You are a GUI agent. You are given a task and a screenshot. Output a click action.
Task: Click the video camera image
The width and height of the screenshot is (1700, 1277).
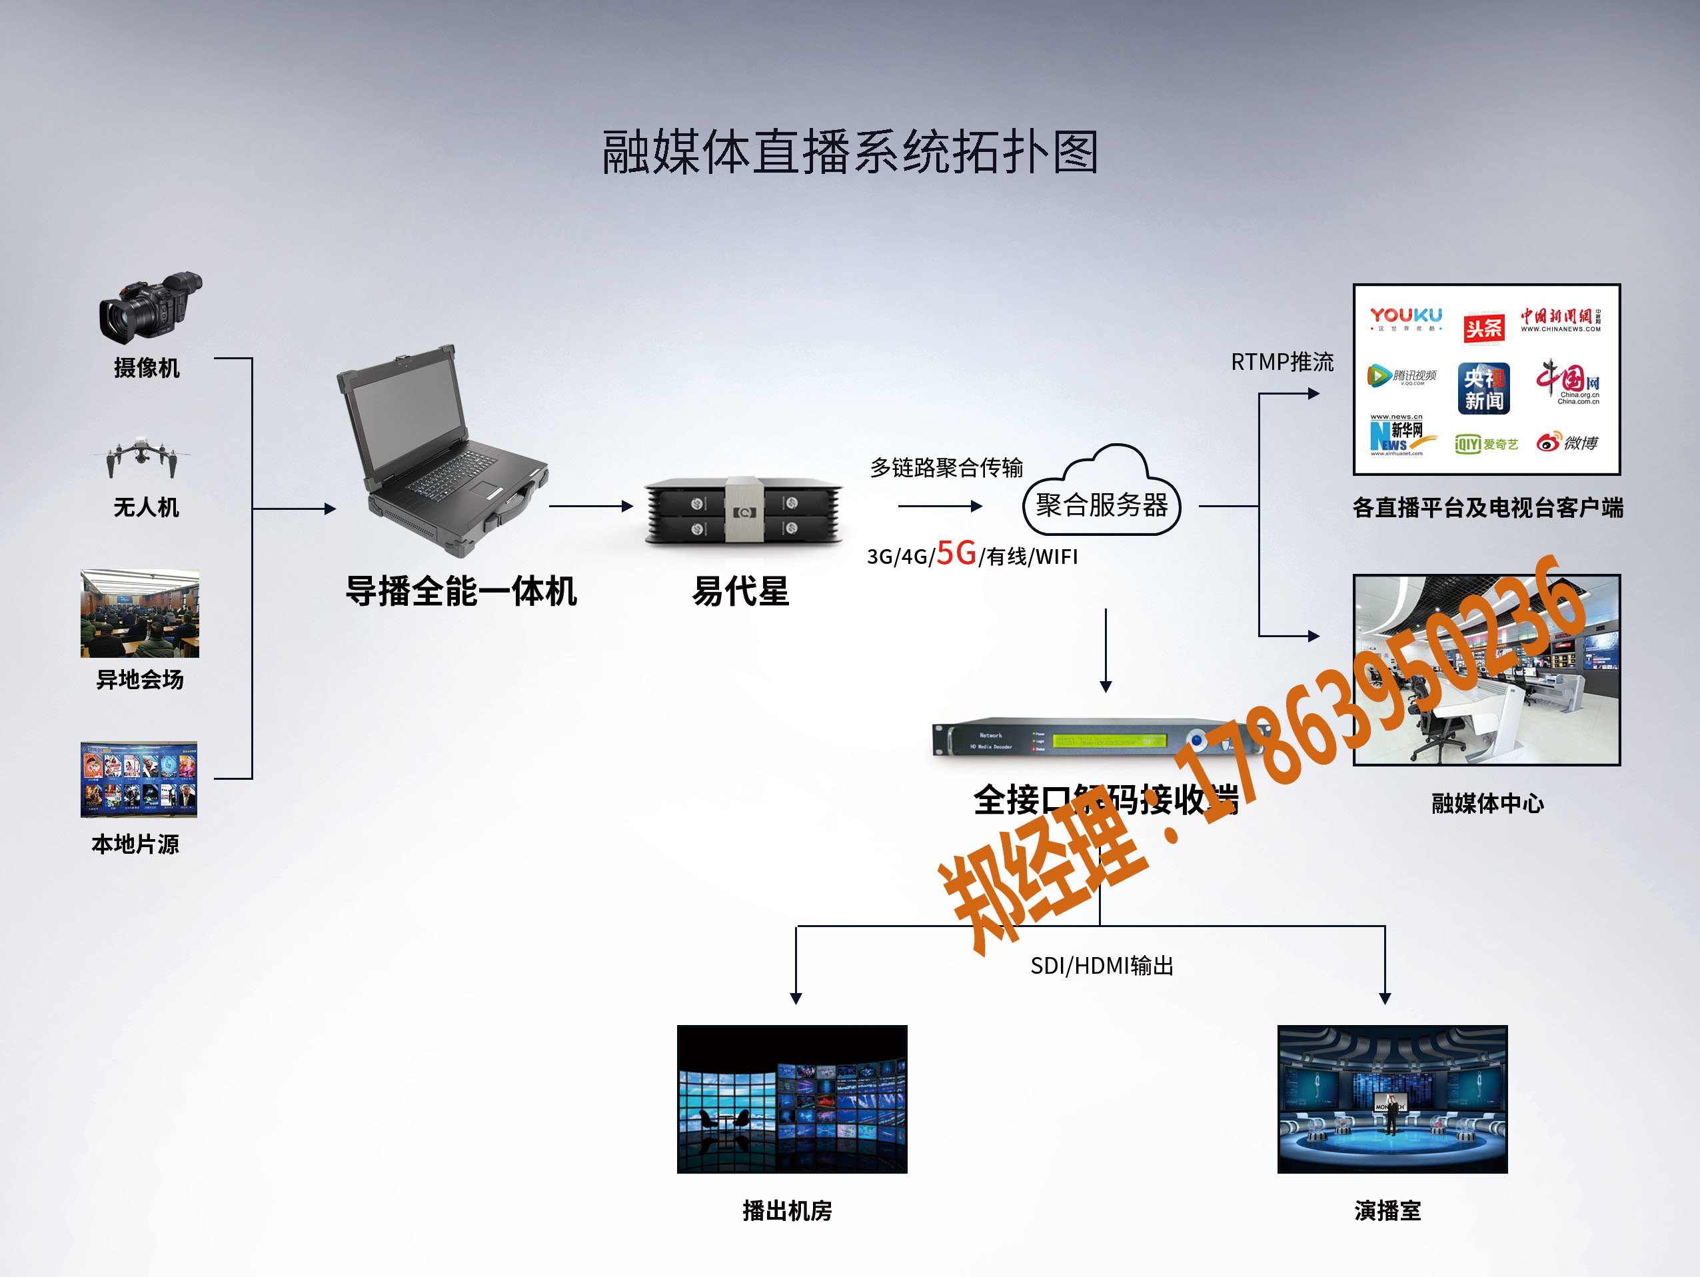[x=150, y=307]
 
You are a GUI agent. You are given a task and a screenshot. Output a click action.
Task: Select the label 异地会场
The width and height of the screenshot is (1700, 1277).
[x=140, y=680]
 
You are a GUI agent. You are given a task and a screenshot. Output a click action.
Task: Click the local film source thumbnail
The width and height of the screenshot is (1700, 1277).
[x=139, y=779]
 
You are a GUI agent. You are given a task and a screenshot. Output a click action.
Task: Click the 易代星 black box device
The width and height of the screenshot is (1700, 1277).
[x=743, y=511]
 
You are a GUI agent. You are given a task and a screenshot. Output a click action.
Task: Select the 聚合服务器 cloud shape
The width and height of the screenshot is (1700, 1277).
[x=1102, y=496]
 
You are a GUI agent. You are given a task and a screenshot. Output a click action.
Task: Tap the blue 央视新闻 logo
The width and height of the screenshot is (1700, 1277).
[x=1483, y=389]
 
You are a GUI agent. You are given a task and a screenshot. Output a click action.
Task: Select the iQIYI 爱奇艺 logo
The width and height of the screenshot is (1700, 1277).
[x=1486, y=444]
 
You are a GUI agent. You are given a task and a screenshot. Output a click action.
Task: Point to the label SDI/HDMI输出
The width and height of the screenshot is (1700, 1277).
[x=1102, y=966]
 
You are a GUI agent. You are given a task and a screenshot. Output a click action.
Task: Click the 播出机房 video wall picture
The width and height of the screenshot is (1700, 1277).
[x=792, y=1098]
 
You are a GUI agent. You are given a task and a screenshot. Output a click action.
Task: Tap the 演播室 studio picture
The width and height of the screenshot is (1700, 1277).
[x=1392, y=1098]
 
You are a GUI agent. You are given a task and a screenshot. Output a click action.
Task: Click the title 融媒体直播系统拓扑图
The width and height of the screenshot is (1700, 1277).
[x=850, y=152]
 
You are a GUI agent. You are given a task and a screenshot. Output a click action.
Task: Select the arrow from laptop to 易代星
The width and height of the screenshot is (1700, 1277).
[x=590, y=507]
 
